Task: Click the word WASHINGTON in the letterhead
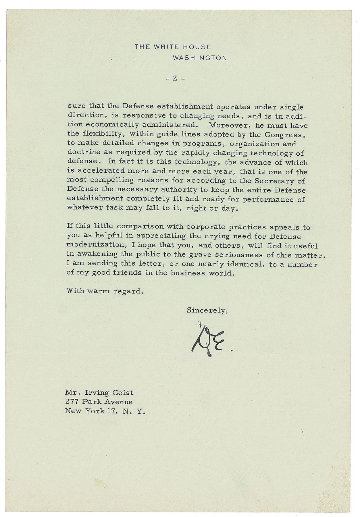(200, 58)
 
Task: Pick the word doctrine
(81, 153)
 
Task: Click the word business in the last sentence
(187, 273)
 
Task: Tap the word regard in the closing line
(128, 291)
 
